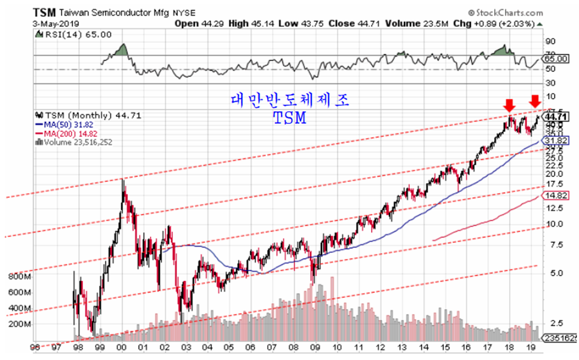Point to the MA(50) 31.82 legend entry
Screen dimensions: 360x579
66,124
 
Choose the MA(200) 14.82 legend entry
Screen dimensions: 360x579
68,133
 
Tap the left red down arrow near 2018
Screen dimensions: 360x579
508,105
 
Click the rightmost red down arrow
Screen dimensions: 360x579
535,100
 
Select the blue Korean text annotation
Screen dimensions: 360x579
290,99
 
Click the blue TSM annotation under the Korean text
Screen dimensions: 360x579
289,118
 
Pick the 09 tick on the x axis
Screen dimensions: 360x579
315,347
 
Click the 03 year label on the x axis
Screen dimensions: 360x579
185,347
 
